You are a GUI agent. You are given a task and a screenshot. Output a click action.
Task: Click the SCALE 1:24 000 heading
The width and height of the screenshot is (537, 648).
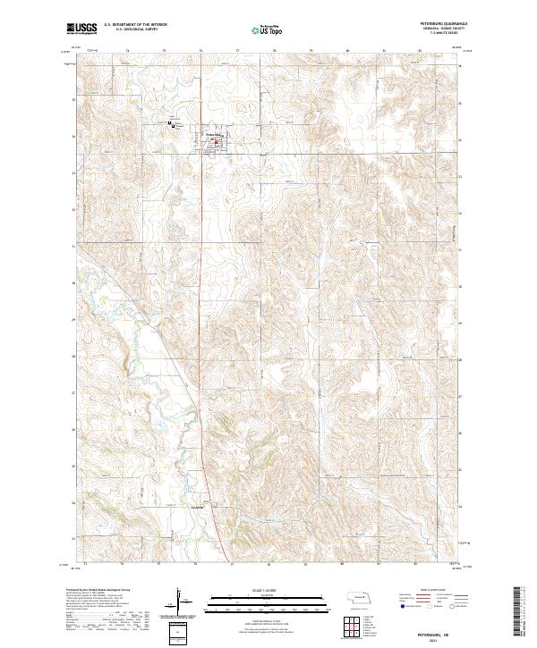click(x=268, y=591)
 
